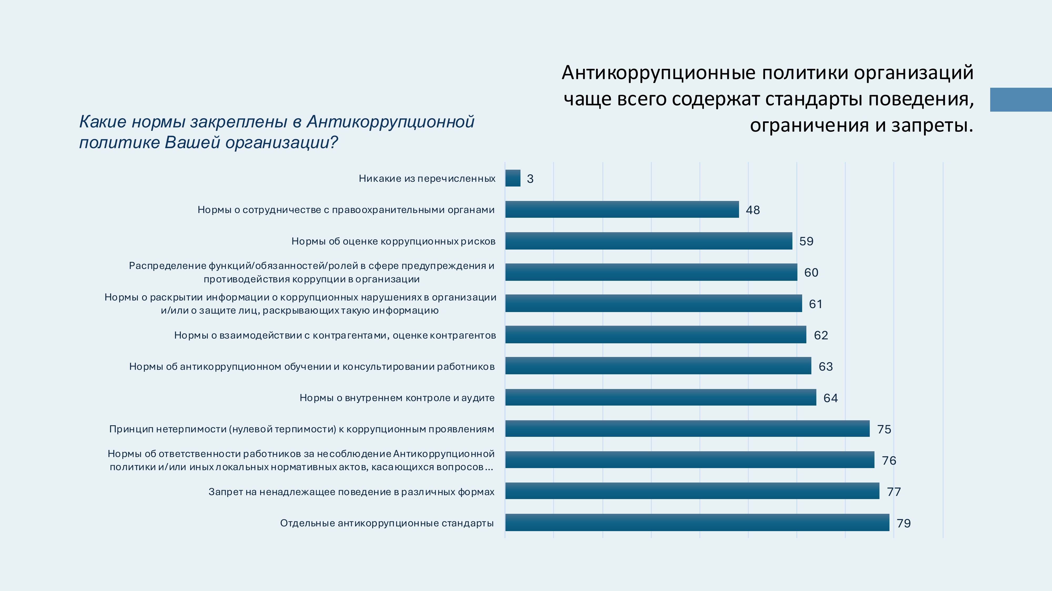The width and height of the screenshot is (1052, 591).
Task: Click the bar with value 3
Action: coord(513,178)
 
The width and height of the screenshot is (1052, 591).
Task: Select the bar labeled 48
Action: coord(622,209)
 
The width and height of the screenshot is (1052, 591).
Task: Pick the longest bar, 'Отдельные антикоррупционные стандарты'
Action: coord(697,522)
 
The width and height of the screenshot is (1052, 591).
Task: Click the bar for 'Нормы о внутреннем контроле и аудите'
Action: coord(661,397)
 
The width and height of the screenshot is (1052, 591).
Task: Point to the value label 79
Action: coord(904,523)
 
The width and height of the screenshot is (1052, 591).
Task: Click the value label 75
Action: coord(884,429)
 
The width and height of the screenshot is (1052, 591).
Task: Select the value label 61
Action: coord(816,304)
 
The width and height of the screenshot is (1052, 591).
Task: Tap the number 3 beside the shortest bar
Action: coord(530,179)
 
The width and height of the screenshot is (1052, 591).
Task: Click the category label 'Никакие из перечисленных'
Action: coord(427,178)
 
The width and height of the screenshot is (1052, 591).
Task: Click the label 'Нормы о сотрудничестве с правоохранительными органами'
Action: coord(346,210)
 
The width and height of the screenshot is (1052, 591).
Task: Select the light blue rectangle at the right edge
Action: coord(1020,100)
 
